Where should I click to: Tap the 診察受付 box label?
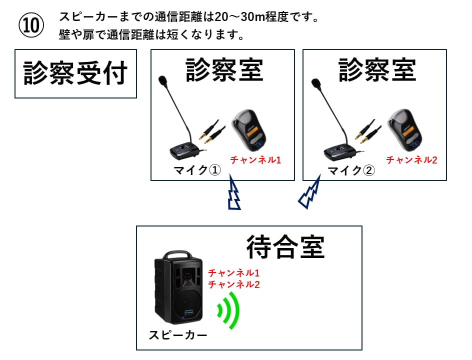coord(75,73)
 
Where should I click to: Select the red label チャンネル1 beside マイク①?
coord(255,160)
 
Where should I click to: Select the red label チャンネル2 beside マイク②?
coord(411,160)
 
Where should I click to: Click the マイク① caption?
coord(197,171)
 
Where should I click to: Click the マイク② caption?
coord(351,171)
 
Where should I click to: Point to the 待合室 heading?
coord(285,246)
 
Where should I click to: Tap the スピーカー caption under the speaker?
coord(177,335)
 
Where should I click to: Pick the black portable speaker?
coord(178,290)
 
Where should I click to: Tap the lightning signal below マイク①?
coord(233,193)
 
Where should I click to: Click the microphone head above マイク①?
coord(162,80)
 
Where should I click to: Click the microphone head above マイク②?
coord(315,82)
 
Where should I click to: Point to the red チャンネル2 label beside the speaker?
coord(233,285)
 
